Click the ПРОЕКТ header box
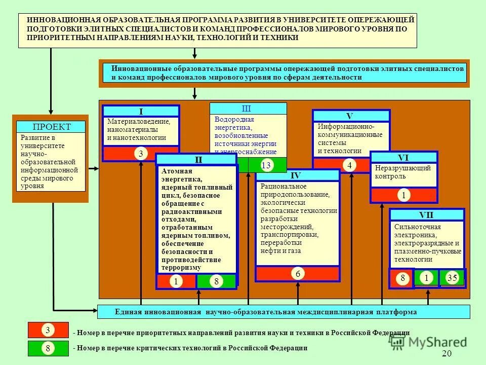tap(51, 127)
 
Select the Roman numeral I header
tap(141, 112)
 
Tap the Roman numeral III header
tap(247, 108)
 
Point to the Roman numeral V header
tap(350, 116)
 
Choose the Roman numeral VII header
tap(426, 214)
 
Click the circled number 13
tap(267, 165)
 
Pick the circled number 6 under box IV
tap(298, 274)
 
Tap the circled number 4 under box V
tap(349, 165)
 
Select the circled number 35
tap(452, 277)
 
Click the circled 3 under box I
tap(141, 154)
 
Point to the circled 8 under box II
tap(216, 282)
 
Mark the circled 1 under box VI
tap(403, 195)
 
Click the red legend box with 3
tap(48, 331)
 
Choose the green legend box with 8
tap(48, 348)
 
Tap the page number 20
tap(446, 354)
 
